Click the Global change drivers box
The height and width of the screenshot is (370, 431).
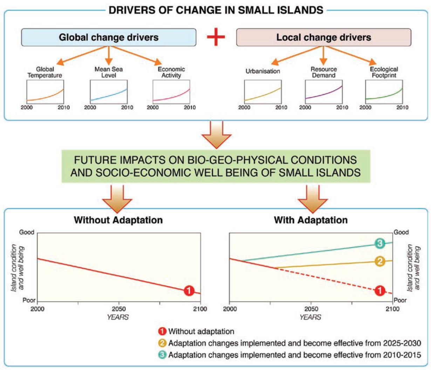click(x=109, y=37)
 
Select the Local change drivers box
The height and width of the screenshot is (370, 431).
click(x=323, y=37)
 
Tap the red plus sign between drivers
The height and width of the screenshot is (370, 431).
click(x=216, y=37)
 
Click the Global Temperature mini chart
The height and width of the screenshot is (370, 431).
click(x=45, y=91)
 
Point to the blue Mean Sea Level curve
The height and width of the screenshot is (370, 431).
click(x=109, y=95)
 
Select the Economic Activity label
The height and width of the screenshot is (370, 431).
click(x=171, y=72)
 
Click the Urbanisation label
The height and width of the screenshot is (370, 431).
click(x=263, y=71)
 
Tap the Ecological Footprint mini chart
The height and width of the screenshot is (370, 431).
click(x=384, y=91)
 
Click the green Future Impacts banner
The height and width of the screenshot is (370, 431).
click(x=216, y=166)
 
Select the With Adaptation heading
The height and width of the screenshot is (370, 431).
click(x=311, y=220)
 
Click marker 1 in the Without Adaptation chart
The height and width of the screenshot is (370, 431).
click(x=189, y=290)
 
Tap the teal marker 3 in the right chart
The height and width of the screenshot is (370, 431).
click(x=379, y=243)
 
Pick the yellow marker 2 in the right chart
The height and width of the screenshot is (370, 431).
click(x=379, y=261)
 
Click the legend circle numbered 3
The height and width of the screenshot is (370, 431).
click(x=162, y=355)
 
